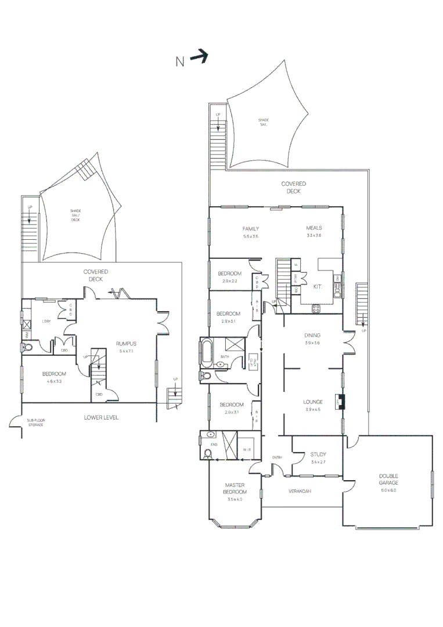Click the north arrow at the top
click(x=199, y=56)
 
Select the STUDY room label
click(x=318, y=455)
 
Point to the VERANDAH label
click(x=300, y=491)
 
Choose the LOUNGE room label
click(x=312, y=402)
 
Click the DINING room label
click(x=312, y=336)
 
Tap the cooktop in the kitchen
click(x=316, y=309)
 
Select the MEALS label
click(x=314, y=228)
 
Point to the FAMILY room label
click(x=250, y=229)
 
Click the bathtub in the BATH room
click(x=207, y=352)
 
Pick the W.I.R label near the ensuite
click(x=246, y=449)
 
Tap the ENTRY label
click(x=277, y=458)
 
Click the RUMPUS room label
click(x=125, y=343)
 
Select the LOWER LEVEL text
click(x=101, y=417)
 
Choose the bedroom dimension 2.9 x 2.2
click(x=229, y=281)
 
